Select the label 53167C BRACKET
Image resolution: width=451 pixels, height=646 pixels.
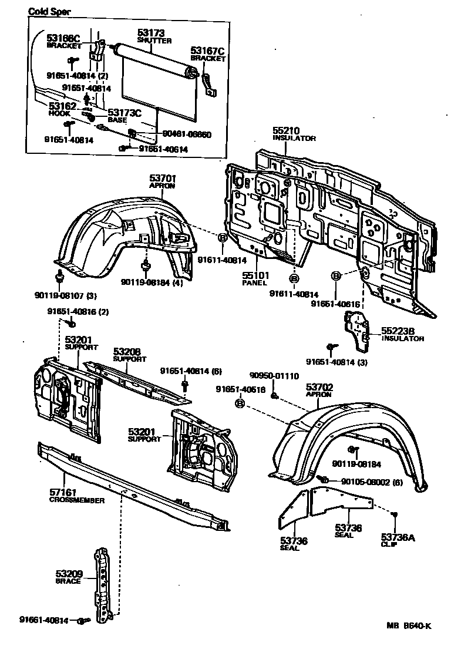pyautogui.click(x=208, y=55)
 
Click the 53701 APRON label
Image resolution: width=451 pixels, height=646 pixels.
pyautogui.click(x=163, y=180)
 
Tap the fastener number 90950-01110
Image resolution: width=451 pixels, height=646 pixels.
pyautogui.click(x=274, y=376)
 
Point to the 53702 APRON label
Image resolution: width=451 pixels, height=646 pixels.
pyautogui.click(x=319, y=391)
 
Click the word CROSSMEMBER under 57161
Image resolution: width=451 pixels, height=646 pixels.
pyautogui.click(x=76, y=500)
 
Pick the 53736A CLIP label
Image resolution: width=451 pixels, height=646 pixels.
pyautogui.click(x=398, y=540)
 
